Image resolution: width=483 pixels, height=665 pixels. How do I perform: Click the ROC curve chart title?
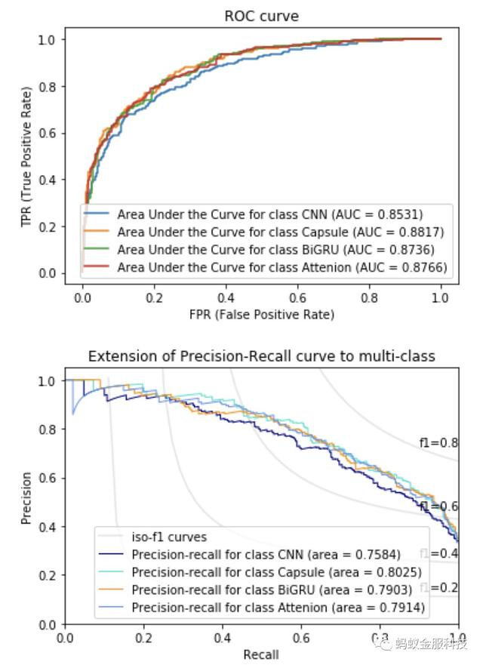(x=261, y=16)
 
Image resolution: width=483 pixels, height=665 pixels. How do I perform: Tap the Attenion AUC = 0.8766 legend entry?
(x=283, y=268)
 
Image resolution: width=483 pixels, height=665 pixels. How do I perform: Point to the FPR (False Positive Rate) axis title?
(x=261, y=314)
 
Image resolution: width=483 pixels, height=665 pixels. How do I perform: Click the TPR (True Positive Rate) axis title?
(x=27, y=156)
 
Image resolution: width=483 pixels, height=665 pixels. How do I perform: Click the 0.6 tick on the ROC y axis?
(x=51, y=133)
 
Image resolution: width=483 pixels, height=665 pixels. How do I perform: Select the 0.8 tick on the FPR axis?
(x=369, y=297)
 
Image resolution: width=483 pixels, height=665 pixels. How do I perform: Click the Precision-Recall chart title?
(x=261, y=356)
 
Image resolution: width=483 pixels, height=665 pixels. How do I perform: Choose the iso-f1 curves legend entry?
(x=169, y=537)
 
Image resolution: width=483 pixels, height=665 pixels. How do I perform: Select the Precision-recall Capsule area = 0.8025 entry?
(x=276, y=573)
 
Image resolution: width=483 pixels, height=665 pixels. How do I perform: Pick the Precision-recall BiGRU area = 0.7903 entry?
(x=273, y=590)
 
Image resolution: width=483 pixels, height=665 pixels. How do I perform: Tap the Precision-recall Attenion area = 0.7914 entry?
(x=278, y=607)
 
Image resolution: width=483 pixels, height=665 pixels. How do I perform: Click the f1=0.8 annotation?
(x=438, y=443)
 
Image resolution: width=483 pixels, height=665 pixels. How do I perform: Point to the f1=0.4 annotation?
(x=445, y=553)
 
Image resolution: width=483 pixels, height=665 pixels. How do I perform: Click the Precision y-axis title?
(x=27, y=498)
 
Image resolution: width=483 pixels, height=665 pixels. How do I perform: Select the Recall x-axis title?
(x=261, y=654)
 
